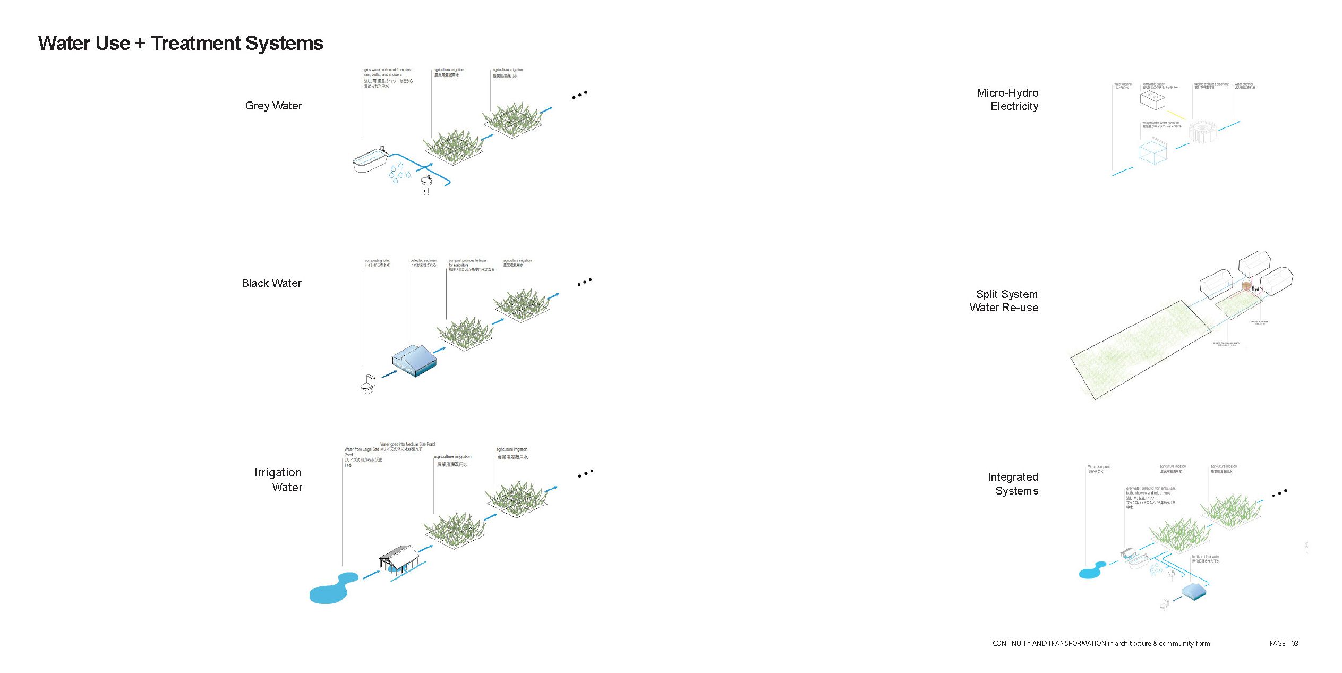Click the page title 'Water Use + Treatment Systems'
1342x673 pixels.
point(181,43)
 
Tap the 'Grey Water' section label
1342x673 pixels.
point(273,106)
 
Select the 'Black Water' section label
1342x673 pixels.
point(271,283)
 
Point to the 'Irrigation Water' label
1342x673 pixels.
point(278,480)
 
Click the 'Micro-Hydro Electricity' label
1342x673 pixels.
point(1007,99)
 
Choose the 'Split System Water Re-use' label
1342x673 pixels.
point(1004,301)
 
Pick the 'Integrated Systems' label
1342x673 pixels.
point(1013,484)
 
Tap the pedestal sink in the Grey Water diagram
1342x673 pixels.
point(426,185)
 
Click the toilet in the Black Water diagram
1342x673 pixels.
point(368,384)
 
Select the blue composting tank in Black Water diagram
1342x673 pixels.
point(414,360)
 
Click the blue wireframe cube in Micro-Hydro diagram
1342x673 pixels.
point(1153,151)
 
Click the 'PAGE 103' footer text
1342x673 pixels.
point(1284,643)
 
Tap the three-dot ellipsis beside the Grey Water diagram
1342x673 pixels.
point(579,95)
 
